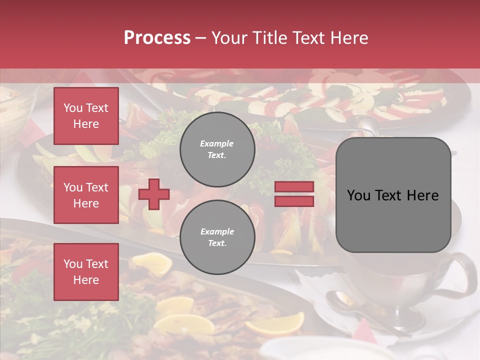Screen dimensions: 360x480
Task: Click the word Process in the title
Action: [x=157, y=38]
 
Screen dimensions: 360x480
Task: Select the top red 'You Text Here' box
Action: [x=86, y=116]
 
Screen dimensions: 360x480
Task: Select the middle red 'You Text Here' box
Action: [x=86, y=195]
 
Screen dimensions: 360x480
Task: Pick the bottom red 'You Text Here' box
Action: [x=86, y=272]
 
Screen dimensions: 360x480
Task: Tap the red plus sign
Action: [x=154, y=193]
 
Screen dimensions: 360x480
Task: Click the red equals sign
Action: [x=294, y=194]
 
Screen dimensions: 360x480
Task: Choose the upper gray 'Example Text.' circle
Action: [x=217, y=149]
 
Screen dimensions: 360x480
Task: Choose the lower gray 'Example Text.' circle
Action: [x=217, y=237]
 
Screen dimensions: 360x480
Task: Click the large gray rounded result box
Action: [x=393, y=195]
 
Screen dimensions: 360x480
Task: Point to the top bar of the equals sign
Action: [x=294, y=187]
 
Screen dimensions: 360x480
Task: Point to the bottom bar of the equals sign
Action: [x=294, y=201]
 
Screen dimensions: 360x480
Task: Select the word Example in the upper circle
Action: [x=217, y=144]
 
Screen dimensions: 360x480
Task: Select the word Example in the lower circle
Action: [x=217, y=232]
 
